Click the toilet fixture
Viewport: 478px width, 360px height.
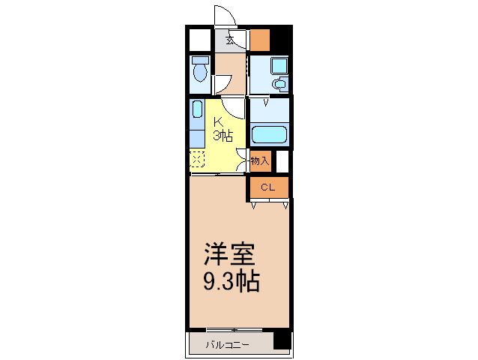click(x=199, y=69)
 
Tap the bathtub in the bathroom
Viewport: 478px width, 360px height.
click(x=270, y=135)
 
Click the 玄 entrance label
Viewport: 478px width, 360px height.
click(x=231, y=40)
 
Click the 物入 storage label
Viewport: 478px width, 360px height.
click(x=259, y=160)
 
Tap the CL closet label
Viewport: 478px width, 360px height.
click(x=267, y=187)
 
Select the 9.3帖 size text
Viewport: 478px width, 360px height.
click(x=232, y=281)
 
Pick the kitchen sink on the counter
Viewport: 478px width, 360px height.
click(x=197, y=110)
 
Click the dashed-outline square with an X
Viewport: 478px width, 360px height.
click(x=197, y=160)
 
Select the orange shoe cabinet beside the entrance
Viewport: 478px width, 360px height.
click(x=259, y=37)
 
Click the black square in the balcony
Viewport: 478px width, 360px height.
click(x=281, y=340)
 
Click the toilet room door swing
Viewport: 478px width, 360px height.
click(x=222, y=84)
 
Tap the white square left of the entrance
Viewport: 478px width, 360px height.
click(x=199, y=38)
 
